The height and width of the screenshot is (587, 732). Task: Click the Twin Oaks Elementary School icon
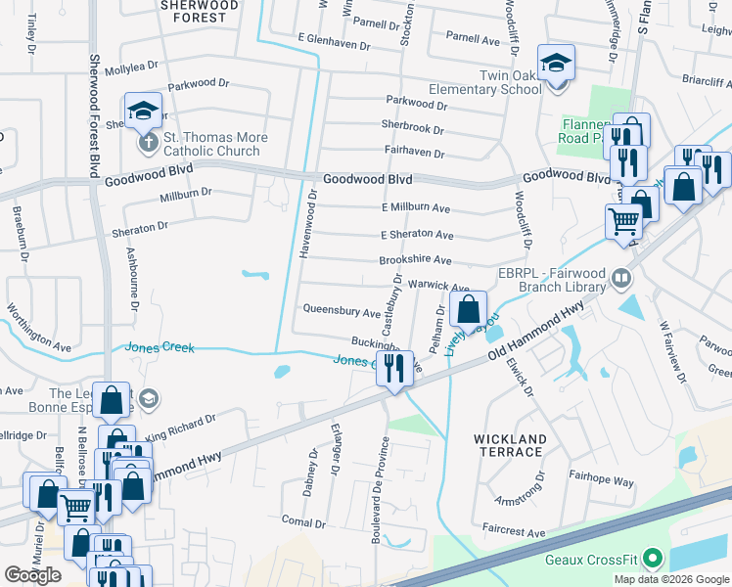click(x=557, y=64)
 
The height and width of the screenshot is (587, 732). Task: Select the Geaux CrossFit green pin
click(x=650, y=561)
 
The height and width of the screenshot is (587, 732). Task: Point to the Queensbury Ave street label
click(x=342, y=313)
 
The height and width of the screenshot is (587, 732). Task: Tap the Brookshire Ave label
click(x=415, y=261)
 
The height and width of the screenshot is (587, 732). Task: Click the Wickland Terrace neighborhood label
click(x=509, y=445)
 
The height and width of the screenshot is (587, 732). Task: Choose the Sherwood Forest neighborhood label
click(x=200, y=11)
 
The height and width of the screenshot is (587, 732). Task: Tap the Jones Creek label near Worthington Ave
click(x=159, y=347)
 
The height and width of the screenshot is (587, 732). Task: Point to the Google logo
click(x=33, y=575)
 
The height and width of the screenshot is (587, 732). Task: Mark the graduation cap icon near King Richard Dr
click(x=148, y=398)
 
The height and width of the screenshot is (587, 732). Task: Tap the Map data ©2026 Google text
click(x=671, y=579)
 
